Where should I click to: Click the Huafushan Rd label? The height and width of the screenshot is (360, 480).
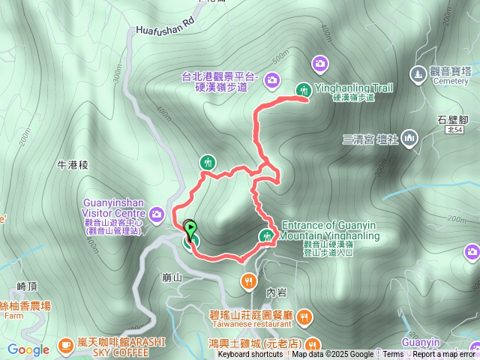point(165,28)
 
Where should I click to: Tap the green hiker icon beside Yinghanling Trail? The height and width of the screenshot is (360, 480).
point(303,89)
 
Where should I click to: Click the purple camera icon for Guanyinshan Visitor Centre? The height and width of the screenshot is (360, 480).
point(157,215)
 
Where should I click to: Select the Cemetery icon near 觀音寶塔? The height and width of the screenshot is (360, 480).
point(418,73)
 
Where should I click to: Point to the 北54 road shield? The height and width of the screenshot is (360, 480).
point(452,130)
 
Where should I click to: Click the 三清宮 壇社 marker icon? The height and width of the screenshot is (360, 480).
point(409,138)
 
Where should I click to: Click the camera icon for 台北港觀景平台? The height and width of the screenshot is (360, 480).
point(271,78)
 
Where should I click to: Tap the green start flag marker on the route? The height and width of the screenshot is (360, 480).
point(190,229)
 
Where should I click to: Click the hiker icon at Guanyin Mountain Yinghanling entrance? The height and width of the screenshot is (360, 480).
point(265,236)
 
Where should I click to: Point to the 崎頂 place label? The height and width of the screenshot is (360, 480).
point(27,286)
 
